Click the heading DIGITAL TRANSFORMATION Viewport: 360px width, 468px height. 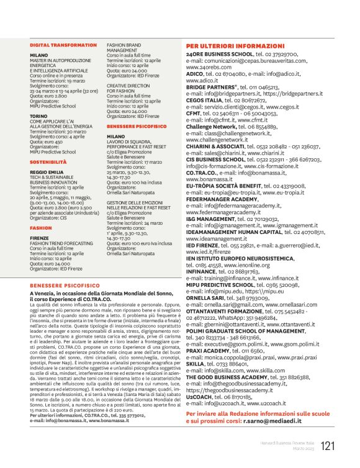click(61, 45)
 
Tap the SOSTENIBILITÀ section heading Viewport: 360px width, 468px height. click(48, 161)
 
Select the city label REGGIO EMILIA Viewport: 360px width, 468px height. click(47, 174)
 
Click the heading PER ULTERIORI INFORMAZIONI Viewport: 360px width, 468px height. click(235, 47)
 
